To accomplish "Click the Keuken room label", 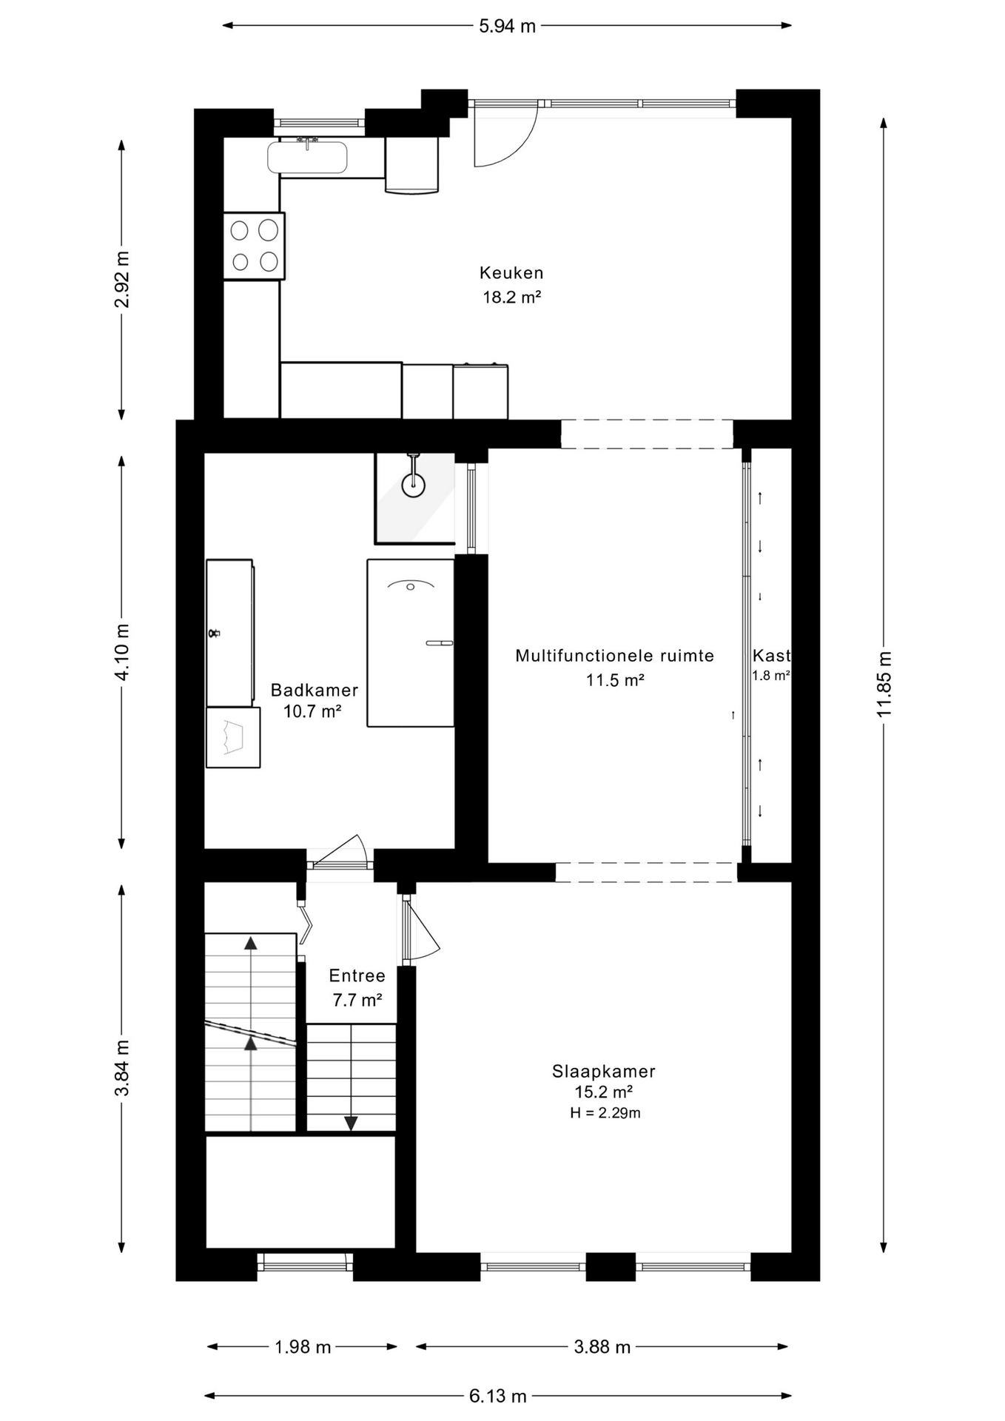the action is (511, 273).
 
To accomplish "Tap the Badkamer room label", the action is (314, 691).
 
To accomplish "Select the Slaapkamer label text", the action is (603, 1072).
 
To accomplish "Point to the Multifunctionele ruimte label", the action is (614, 656).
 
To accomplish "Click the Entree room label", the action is (357, 975).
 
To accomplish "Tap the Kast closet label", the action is (771, 655).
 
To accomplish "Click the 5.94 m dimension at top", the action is (507, 27).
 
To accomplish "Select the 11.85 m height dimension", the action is (884, 684).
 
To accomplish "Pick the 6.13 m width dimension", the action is (497, 1396).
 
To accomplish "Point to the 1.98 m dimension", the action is (303, 1347).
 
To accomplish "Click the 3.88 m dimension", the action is (602, 1347).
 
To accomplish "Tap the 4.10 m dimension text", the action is (122, 651).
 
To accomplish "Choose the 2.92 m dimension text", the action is (122, 279).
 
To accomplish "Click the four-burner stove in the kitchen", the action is (254, 246).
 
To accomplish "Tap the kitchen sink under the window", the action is (307, 157).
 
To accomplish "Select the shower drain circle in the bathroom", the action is (413, 486).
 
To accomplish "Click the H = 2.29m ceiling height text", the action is (605, 1113).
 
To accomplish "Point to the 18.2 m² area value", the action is (511, 298).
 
